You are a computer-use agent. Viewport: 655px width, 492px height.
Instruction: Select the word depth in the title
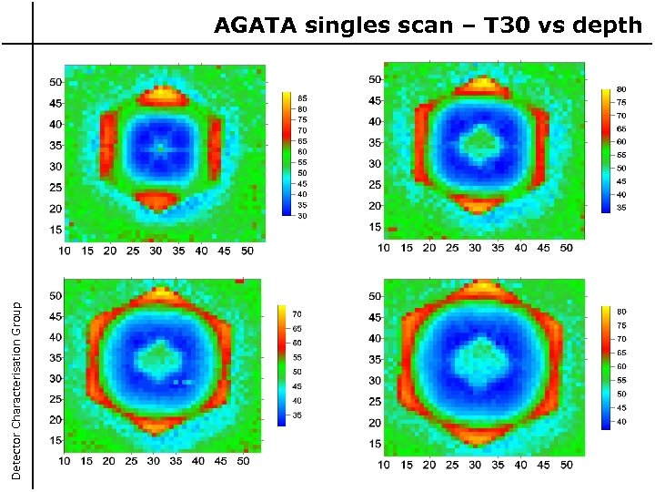click(x=608, y=26)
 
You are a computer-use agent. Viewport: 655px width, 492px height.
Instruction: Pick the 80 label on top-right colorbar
click(x=622, y=89)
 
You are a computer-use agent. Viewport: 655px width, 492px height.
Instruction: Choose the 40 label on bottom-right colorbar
click(x=622, y=422)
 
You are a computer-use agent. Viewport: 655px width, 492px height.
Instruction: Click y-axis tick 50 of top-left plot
click(x=55, y=82)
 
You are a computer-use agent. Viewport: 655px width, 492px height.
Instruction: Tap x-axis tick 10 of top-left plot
click(x=65, y=250)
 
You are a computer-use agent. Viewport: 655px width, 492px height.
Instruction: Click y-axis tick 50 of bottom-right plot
click(x=375, y=296)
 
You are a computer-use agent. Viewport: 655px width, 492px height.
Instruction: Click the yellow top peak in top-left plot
click(x=166, y=91)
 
